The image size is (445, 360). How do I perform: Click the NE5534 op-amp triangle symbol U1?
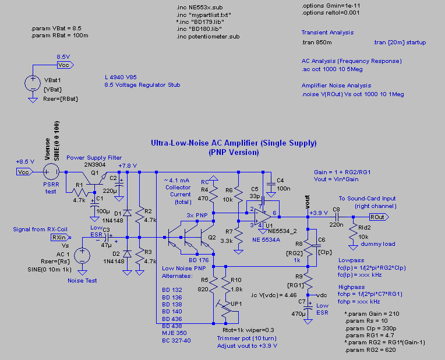click(x=262, y=217)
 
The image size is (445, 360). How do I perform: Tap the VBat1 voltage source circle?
click(x=33, y=83)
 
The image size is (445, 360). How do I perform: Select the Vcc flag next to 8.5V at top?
click(x=65, y=65)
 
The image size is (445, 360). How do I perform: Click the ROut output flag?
click(x=379, y=217)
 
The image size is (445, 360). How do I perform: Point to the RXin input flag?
click(x=61, y=237)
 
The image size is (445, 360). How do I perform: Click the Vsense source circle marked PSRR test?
click(x=51, y=172)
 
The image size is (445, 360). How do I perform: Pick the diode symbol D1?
click(x=127, y=213)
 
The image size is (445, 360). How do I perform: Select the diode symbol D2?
click(x=127, y=253)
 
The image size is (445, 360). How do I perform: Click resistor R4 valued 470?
click(x=213, y=194)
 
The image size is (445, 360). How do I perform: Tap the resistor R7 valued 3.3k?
click(x=238, y=237)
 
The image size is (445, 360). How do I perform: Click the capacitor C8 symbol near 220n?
click(x=337, y=217)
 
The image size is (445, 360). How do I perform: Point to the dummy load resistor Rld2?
click(x=353, y=232)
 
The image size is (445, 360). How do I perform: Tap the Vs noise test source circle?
click(x=82, y=256)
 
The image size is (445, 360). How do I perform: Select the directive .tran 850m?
click(x=316, y=43)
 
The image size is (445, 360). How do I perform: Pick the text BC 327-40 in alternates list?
click(x=176, y=340)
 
